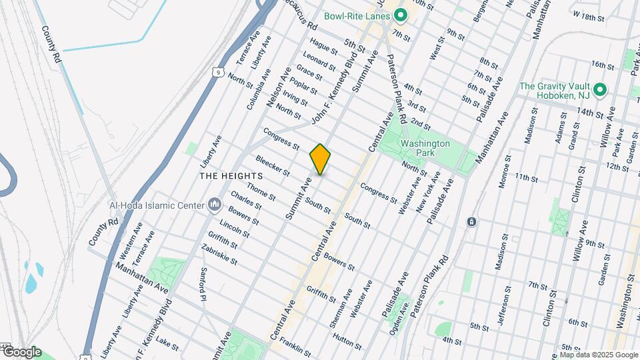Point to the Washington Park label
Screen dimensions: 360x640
pyautogui.click(x=425, y=148)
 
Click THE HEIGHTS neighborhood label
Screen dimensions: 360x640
pyautogui.click(x=231, y=175)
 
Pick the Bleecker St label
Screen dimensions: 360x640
pyautogui.click(x=272, y=166)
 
